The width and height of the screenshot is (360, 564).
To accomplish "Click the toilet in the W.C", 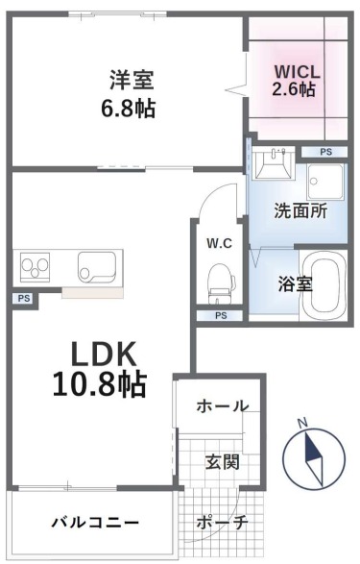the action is click(221, 282).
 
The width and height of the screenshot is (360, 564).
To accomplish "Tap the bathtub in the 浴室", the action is click(324, 283).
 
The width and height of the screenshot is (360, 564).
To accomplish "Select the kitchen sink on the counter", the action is click(97, 266).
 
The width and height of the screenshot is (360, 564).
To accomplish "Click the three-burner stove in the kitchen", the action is click(35, 266).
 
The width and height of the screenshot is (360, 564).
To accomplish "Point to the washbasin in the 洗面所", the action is click(273, 164).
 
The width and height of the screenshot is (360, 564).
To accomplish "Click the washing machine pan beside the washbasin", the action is click(325, 182).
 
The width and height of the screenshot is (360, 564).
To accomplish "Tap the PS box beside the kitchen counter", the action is click(24, 298).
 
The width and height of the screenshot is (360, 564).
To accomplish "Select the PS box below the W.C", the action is click(221, 316).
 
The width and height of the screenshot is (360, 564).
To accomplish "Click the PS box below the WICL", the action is click(325, 152).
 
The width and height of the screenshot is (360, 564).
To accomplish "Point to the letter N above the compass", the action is click(304, 423).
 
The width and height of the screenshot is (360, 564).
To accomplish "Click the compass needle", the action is click(314, 458).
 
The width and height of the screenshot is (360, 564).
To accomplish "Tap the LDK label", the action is click(104, 354).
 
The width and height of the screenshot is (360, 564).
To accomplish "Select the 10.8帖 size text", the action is click(100, 383).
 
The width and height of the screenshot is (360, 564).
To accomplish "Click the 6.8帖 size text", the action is click(129, 108).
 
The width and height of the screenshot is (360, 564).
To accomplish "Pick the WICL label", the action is click(297, 72).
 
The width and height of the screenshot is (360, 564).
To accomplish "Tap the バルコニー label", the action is click(95, 522).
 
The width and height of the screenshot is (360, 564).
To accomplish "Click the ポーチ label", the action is click(222, 522).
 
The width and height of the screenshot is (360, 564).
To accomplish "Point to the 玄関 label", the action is click(223, 462).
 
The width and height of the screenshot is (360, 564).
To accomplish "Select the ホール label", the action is click(223, 406).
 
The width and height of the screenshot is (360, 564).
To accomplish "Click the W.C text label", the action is click(219, 243).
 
